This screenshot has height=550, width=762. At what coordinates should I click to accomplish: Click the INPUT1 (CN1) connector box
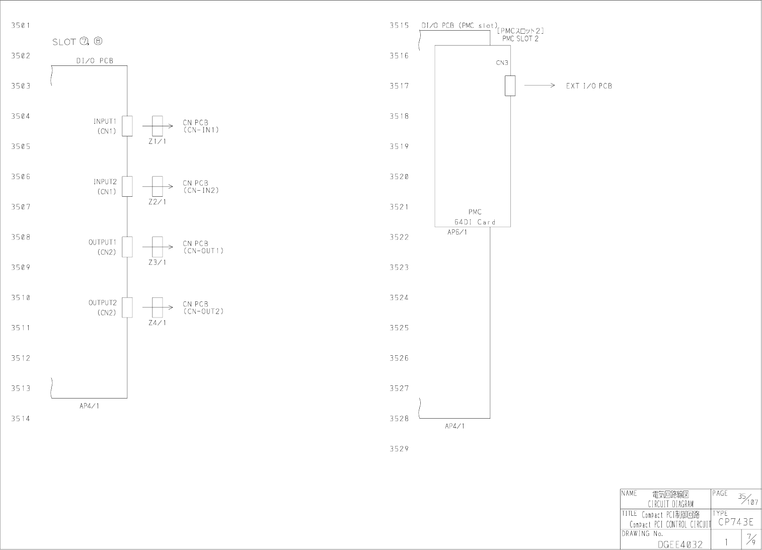tap(127, 126)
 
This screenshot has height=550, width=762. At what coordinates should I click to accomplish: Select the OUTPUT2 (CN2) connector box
tap(127, 307)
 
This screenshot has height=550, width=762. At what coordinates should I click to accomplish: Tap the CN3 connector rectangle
tap(510, 86)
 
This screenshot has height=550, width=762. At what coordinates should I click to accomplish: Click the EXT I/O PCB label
tap(588, 86)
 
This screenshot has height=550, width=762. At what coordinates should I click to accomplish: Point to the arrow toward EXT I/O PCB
tap(539, 86)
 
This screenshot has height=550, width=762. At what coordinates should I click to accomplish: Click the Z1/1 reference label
tap(157, 141)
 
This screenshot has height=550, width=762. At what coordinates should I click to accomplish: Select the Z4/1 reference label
tap(157, 323)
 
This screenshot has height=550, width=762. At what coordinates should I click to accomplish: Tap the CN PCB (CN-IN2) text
tap(200, 187)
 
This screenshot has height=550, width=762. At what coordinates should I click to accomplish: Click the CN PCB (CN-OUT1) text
tap(202, 247)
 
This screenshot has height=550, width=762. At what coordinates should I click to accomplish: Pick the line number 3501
tap(21, 25)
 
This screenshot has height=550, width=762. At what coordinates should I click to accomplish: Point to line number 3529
tap(399, 449)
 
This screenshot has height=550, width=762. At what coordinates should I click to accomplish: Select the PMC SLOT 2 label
tap(520, 39)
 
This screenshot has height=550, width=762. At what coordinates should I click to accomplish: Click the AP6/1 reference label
tap(457, 232)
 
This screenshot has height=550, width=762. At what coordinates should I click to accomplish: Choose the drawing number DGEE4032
tap(679, 544)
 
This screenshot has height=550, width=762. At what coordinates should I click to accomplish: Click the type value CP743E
tap(736, 522)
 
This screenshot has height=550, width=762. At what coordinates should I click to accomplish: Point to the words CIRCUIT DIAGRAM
tap(670, 504)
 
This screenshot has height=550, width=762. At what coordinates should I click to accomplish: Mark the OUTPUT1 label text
tap(102, 243)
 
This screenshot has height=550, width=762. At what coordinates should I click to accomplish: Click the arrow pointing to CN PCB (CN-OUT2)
tap(158, 307)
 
